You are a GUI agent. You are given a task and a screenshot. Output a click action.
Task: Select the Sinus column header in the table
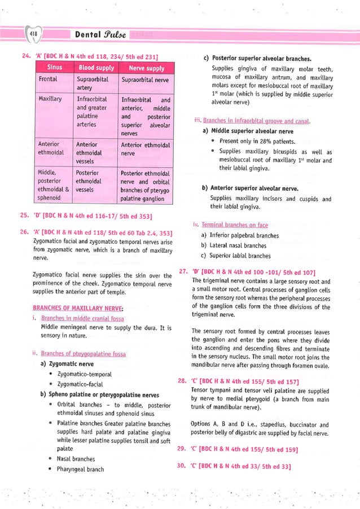[54, 68]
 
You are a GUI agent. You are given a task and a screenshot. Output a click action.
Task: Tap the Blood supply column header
[95, 68]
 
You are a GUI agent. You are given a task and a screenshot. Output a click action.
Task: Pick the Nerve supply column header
[146, 68]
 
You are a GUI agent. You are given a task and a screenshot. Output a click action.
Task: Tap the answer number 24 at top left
[24, 55]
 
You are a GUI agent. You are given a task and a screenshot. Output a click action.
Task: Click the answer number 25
[24, 215]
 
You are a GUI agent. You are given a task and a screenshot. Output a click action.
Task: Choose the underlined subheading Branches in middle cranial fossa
[82, 318]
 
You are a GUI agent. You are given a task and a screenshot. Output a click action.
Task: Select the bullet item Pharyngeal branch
[80, 469]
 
